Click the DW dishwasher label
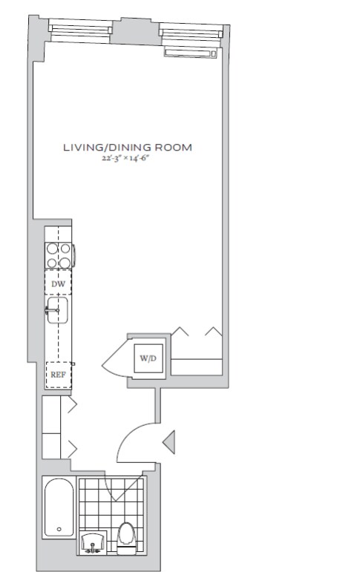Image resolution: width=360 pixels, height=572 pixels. tap(58, 284)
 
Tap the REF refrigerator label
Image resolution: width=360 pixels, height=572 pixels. tap(58, 375)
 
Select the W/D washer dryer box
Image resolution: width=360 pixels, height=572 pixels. tap(148, 358)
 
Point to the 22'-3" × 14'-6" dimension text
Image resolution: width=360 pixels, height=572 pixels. tap(126, 159)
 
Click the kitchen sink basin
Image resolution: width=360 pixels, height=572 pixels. tap(58, 310)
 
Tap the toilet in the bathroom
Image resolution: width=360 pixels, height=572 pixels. tap(127, 538)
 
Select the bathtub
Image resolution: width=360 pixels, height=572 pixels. tap(59, 507)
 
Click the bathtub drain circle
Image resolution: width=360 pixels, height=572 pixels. tap(59, 529)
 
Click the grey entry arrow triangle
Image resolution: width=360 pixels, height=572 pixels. tap(169, 442)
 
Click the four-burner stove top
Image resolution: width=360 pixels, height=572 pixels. tap(59, 255)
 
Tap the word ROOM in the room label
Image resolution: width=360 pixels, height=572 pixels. tap(174, 148)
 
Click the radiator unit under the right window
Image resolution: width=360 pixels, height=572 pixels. tap(190, 53)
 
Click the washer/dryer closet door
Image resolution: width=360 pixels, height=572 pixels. tap(114, 358)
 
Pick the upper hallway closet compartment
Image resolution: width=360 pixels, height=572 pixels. tap(51, 415)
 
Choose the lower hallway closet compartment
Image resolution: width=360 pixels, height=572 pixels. tap(51, 446)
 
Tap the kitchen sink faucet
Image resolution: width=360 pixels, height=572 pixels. tap(51, 310)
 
